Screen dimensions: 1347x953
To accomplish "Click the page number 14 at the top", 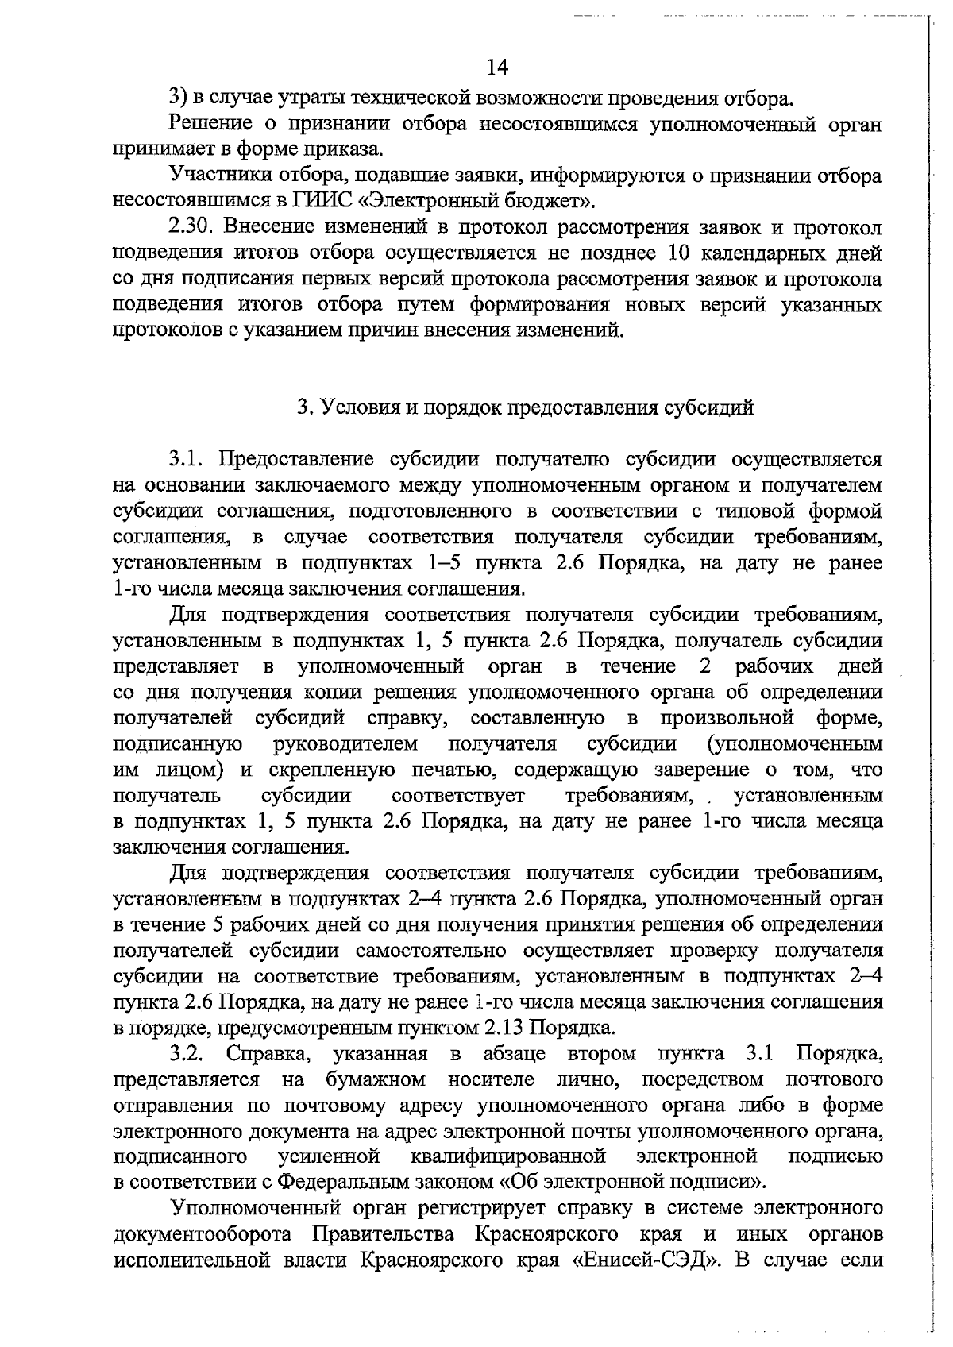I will (497, 67).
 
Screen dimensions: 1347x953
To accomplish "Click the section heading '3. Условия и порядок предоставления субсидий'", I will (525, 408).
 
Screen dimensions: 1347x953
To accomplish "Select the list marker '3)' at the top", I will (178, 98).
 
